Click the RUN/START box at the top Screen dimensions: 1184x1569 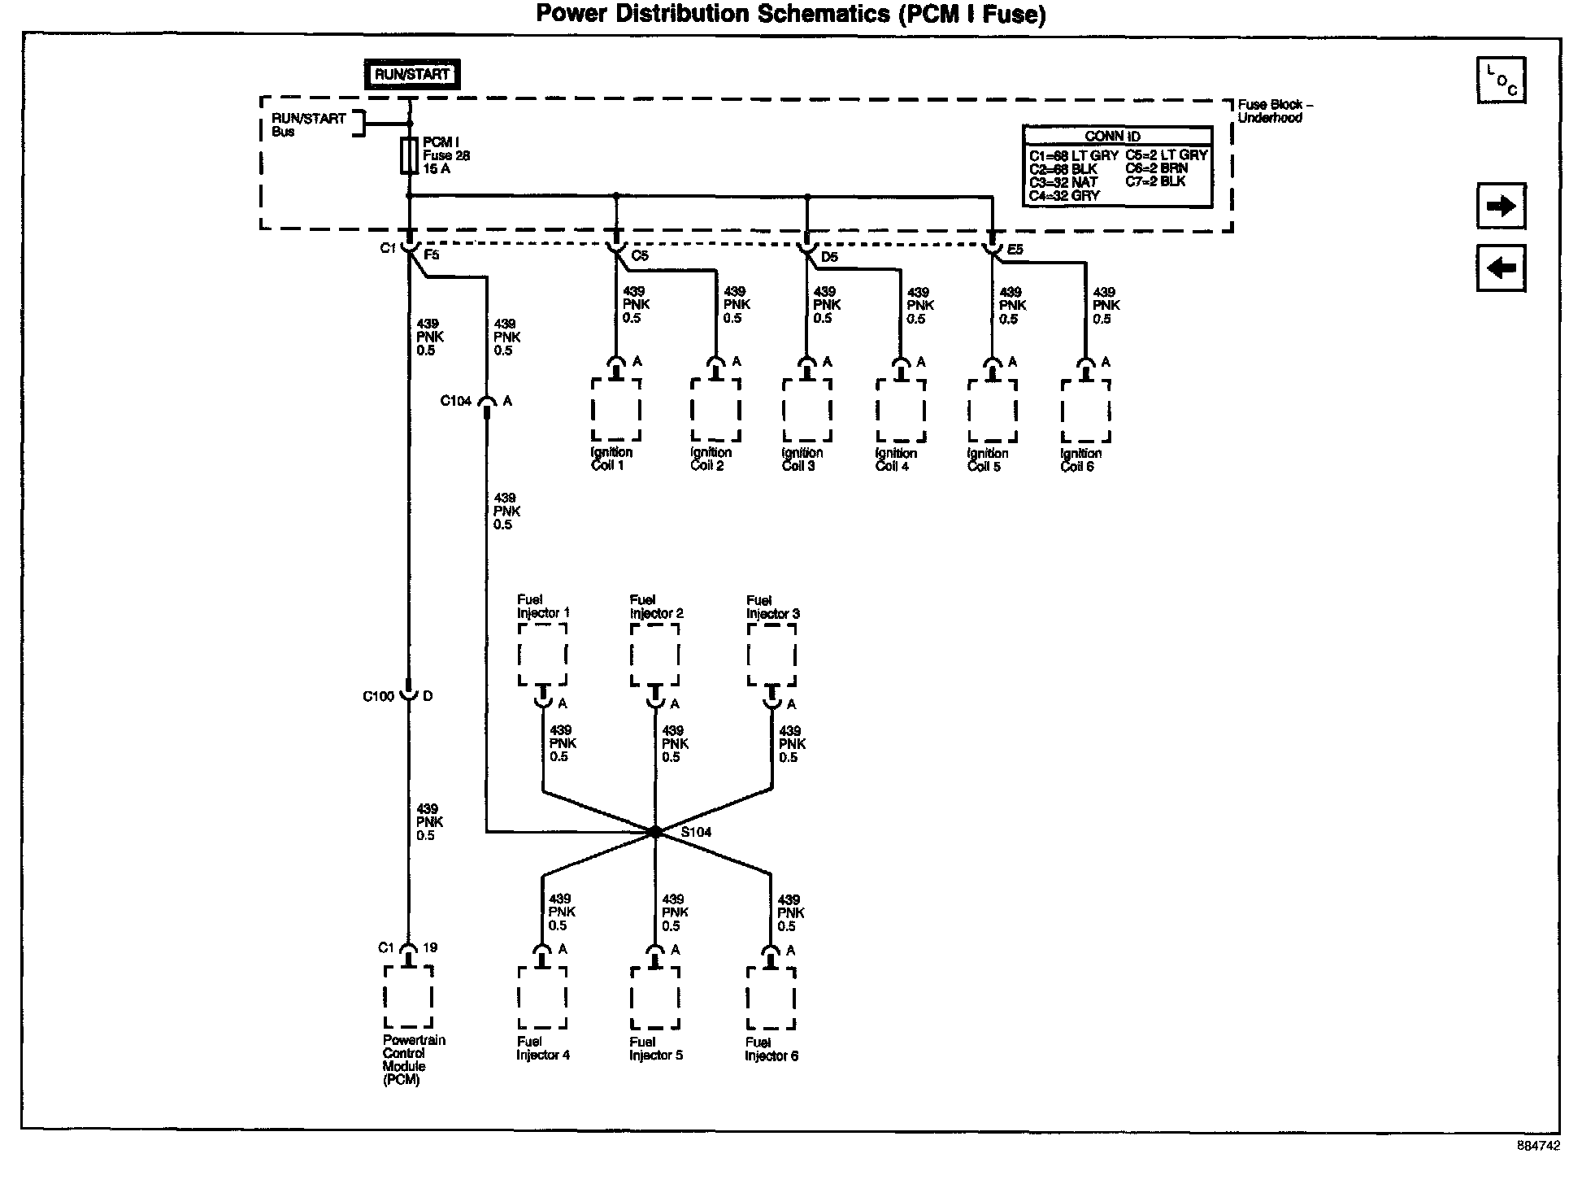pos(411,74)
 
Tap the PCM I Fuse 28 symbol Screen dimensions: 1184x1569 pos(409,155)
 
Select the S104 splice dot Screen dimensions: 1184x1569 pos(655,832)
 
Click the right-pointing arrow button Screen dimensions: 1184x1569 pos(1501,206)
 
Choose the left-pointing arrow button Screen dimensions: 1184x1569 pos(1501,268)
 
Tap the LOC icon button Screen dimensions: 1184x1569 pos(1501,80)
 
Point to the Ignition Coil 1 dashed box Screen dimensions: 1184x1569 pos(616,410)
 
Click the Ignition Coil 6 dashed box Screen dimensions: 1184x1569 pos(1085,411)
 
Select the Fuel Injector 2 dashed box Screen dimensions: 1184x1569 pos(655,654)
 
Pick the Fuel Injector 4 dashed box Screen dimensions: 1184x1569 pos(542,998)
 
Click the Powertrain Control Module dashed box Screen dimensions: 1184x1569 pos(408,997)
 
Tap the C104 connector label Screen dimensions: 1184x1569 pos(455,401)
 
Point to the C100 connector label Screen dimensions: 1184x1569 pos(378,697)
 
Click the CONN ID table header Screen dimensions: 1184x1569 pos(1117,136)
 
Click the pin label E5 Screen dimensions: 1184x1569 pos(1015,250)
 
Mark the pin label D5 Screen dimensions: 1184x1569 pos(829,257)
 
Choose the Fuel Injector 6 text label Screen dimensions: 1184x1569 pos(771,1049)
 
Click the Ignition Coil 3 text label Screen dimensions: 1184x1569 pos(802,459)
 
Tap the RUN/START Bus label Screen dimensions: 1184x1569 pos(307,124)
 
